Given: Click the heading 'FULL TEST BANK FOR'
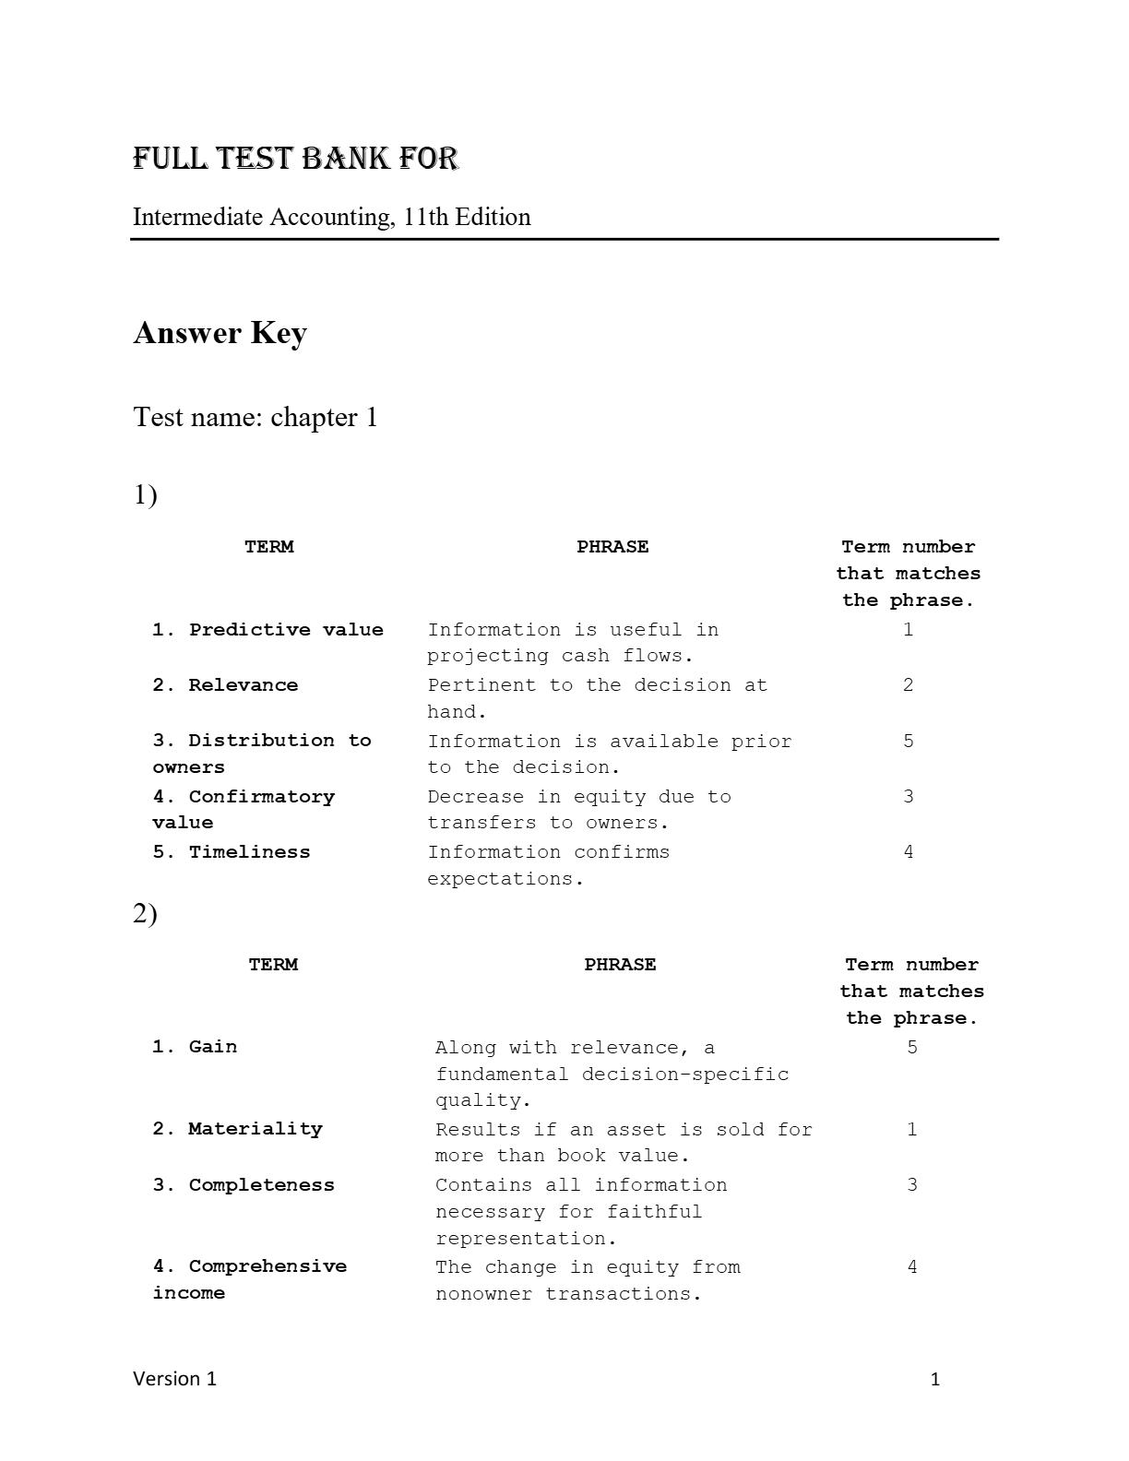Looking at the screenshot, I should (295, 159).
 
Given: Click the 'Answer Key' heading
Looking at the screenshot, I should (220, 333).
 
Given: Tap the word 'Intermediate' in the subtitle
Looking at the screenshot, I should (198, 218).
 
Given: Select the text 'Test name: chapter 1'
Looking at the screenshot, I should (256, 417).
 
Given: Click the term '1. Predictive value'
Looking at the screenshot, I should (267, 630).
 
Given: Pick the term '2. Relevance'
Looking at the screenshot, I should (225, 685).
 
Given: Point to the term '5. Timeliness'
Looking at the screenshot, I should (232, 852).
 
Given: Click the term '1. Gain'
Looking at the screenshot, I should (195, 1047).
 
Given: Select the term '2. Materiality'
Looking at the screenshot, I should (237, 1129).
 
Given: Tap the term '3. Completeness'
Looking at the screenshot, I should (244, 1185).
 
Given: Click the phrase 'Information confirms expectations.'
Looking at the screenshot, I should (548, 865).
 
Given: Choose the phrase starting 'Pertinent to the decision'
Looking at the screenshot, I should (597, 698).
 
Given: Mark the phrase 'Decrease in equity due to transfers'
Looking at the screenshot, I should (578, 810).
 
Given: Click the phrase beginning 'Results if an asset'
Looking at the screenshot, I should (623, 1143).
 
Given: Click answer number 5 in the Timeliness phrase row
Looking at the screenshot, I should (909, 742).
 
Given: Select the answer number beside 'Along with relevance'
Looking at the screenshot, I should (912, 1048).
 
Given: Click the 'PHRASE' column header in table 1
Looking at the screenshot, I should (612, 547).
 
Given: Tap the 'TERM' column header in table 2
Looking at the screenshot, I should (273, 965).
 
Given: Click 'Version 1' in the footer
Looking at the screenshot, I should (175, 1379).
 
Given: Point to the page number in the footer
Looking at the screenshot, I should (935, 1380).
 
